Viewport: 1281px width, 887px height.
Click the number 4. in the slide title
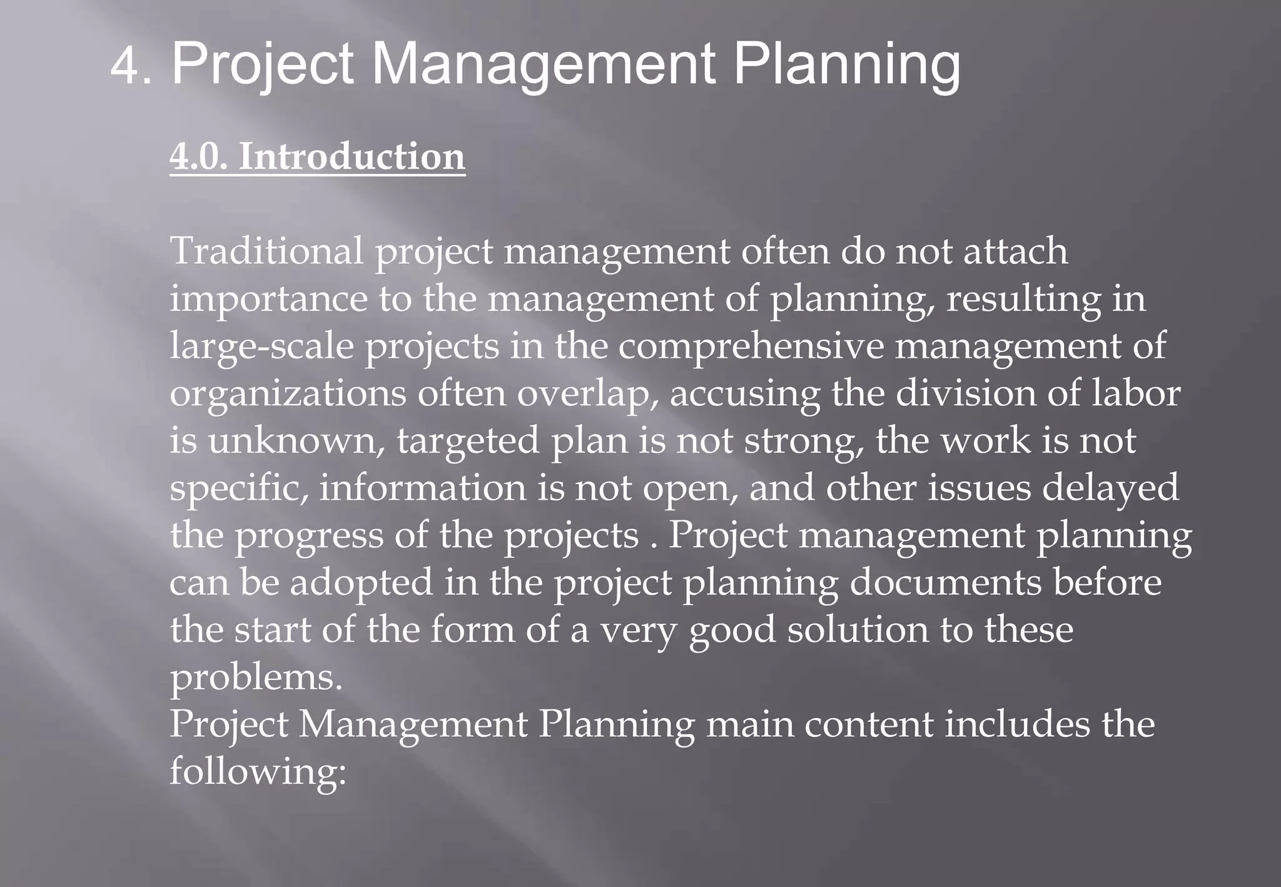131,66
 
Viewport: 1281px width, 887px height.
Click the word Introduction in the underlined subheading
352,156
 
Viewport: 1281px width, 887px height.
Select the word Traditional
266,251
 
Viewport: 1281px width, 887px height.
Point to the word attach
1015,251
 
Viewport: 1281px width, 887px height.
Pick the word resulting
1023,299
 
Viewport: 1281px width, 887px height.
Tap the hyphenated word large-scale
262,347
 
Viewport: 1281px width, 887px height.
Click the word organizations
288,395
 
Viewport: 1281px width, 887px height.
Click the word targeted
468,442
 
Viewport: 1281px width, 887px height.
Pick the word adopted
361,584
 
